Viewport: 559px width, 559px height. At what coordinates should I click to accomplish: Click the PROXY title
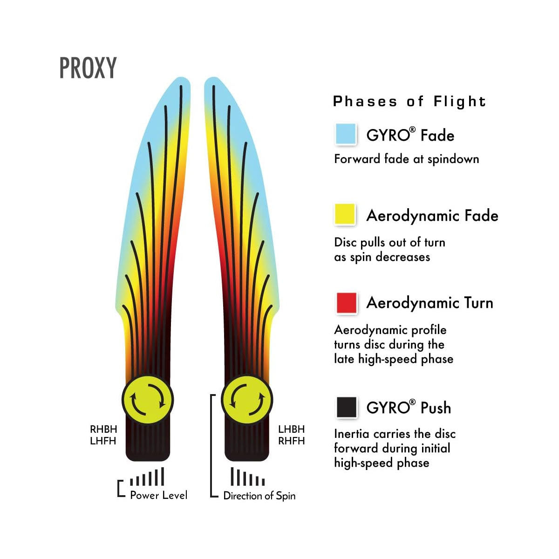[88, 68]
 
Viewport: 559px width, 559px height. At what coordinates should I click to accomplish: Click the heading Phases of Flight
[409, 102]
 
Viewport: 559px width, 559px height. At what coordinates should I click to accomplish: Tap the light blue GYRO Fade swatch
[346, 134]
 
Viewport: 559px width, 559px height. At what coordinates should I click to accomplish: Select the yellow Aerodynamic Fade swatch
[346, 215]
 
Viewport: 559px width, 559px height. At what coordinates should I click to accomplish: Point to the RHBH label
[103, 429]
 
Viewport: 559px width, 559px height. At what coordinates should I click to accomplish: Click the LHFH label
[103, 441]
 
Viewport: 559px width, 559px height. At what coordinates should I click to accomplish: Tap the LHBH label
[291, 429]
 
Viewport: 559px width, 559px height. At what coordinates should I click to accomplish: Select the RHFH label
[291, 441]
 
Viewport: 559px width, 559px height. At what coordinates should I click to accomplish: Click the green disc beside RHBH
[148, 400]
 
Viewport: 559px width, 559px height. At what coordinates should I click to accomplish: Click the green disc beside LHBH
[246, 400]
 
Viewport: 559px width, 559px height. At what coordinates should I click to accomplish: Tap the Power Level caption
[158, 495]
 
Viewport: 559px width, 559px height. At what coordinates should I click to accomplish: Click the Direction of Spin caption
[259, 496]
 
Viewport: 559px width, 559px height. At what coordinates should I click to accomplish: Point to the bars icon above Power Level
[147, 477]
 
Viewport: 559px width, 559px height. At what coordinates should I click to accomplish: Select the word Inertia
[352, 434]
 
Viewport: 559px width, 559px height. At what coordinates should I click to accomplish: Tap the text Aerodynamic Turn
[429, 303]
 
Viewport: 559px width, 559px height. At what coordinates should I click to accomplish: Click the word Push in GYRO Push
[436, 408]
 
